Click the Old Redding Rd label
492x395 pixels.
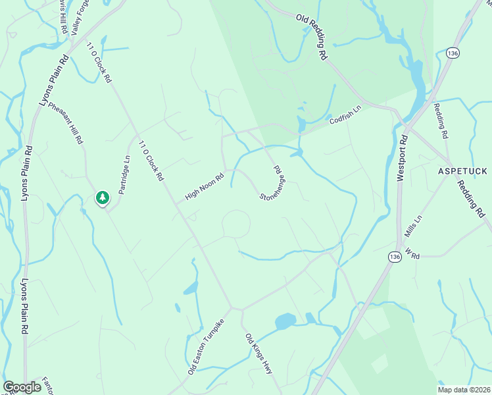(x=312, y=38)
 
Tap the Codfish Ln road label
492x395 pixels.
(x=346, y=116)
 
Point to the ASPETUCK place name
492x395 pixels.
(x=463, y=171)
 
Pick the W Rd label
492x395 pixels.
(x=412, y=254)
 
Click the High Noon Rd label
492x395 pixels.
(x=205, y=185)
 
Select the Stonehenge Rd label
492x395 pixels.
(x=271, y=184)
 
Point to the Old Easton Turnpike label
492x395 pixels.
(x=206, y=346)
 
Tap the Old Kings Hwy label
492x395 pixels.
(x=258, y=354)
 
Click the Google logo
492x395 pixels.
(x=22, y=387)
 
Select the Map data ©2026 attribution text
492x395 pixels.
(x=463, y=390)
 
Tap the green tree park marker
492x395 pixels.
(x=102, y=197)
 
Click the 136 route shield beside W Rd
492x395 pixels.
(x=394, y=256)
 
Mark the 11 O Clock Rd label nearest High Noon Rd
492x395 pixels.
(x=151, y=159)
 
